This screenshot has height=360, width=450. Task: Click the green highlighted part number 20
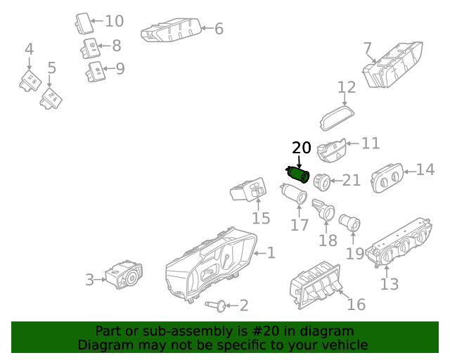298,174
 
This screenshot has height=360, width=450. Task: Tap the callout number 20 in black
301,148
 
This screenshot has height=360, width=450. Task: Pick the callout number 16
356,304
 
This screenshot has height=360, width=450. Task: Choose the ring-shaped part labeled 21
323,181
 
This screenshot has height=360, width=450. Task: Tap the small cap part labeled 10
84,22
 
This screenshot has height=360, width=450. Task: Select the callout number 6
219,29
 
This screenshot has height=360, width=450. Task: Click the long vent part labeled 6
172,31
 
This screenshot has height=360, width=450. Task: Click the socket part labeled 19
349,224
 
